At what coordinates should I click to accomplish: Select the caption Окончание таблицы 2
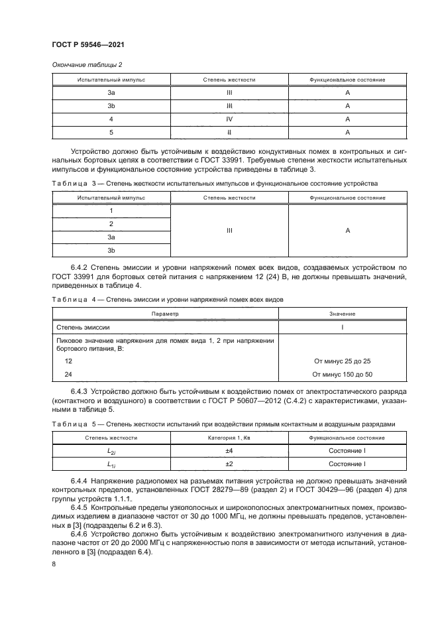pyautogui.click(x=86, y=64)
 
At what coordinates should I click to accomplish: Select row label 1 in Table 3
pyautogui.click(x=111, y=211)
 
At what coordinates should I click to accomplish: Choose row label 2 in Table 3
pyautogui.click(x=111, y=223)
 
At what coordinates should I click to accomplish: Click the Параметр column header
pyautogui.click(x=165, y=314)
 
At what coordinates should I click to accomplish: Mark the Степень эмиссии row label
pyautogui.click(x=83, y=327)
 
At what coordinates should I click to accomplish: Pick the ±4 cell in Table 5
pyautogui.click(x=229, y=451)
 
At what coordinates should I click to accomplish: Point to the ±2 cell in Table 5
pyautogui.click(x=229, y=464)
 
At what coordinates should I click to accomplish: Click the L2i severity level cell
pyautogui.click(x=111, y=451)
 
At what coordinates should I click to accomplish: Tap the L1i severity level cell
pyautogui.click(x=111, y=464)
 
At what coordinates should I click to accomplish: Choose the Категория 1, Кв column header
pyautogui.click(x=229, y=438)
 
